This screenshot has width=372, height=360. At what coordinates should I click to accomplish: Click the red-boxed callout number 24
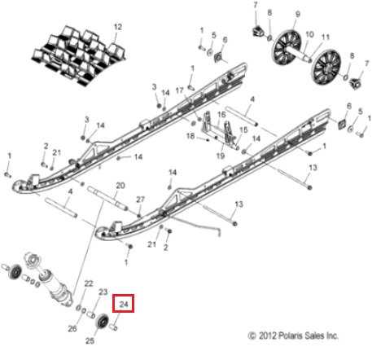point(124,304)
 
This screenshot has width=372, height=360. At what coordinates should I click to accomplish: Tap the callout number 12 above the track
point(118,27)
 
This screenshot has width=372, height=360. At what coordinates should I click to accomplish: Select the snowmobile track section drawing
point(79,55)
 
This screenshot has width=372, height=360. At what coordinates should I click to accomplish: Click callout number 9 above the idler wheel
point(298,14)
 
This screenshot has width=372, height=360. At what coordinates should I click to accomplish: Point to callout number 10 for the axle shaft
point(309,34)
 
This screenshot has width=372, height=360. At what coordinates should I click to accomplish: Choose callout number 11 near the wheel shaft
point(326,37)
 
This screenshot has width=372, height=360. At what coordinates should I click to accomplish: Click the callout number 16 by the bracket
point(221,114)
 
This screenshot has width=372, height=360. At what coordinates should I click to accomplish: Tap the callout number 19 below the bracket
point(221,156)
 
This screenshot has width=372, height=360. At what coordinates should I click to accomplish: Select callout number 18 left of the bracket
point(190,135)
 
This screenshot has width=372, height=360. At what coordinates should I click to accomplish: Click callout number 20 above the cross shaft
point(120,186)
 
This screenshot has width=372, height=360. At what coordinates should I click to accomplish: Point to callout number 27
point(140,200)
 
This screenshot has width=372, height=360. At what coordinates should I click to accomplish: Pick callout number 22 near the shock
point(89,283)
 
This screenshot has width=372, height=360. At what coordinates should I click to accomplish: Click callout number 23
point(103,292)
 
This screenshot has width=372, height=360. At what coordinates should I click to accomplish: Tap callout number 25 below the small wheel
point(90,340)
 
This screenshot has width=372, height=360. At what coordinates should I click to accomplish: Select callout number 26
point(72,328)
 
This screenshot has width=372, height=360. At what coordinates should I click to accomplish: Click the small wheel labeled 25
point(103,322)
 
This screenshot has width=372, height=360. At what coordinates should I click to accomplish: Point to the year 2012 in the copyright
point(268,336)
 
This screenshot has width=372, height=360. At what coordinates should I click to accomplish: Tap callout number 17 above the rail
point(179,90)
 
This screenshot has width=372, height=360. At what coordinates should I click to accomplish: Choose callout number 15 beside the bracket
point(243,130)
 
